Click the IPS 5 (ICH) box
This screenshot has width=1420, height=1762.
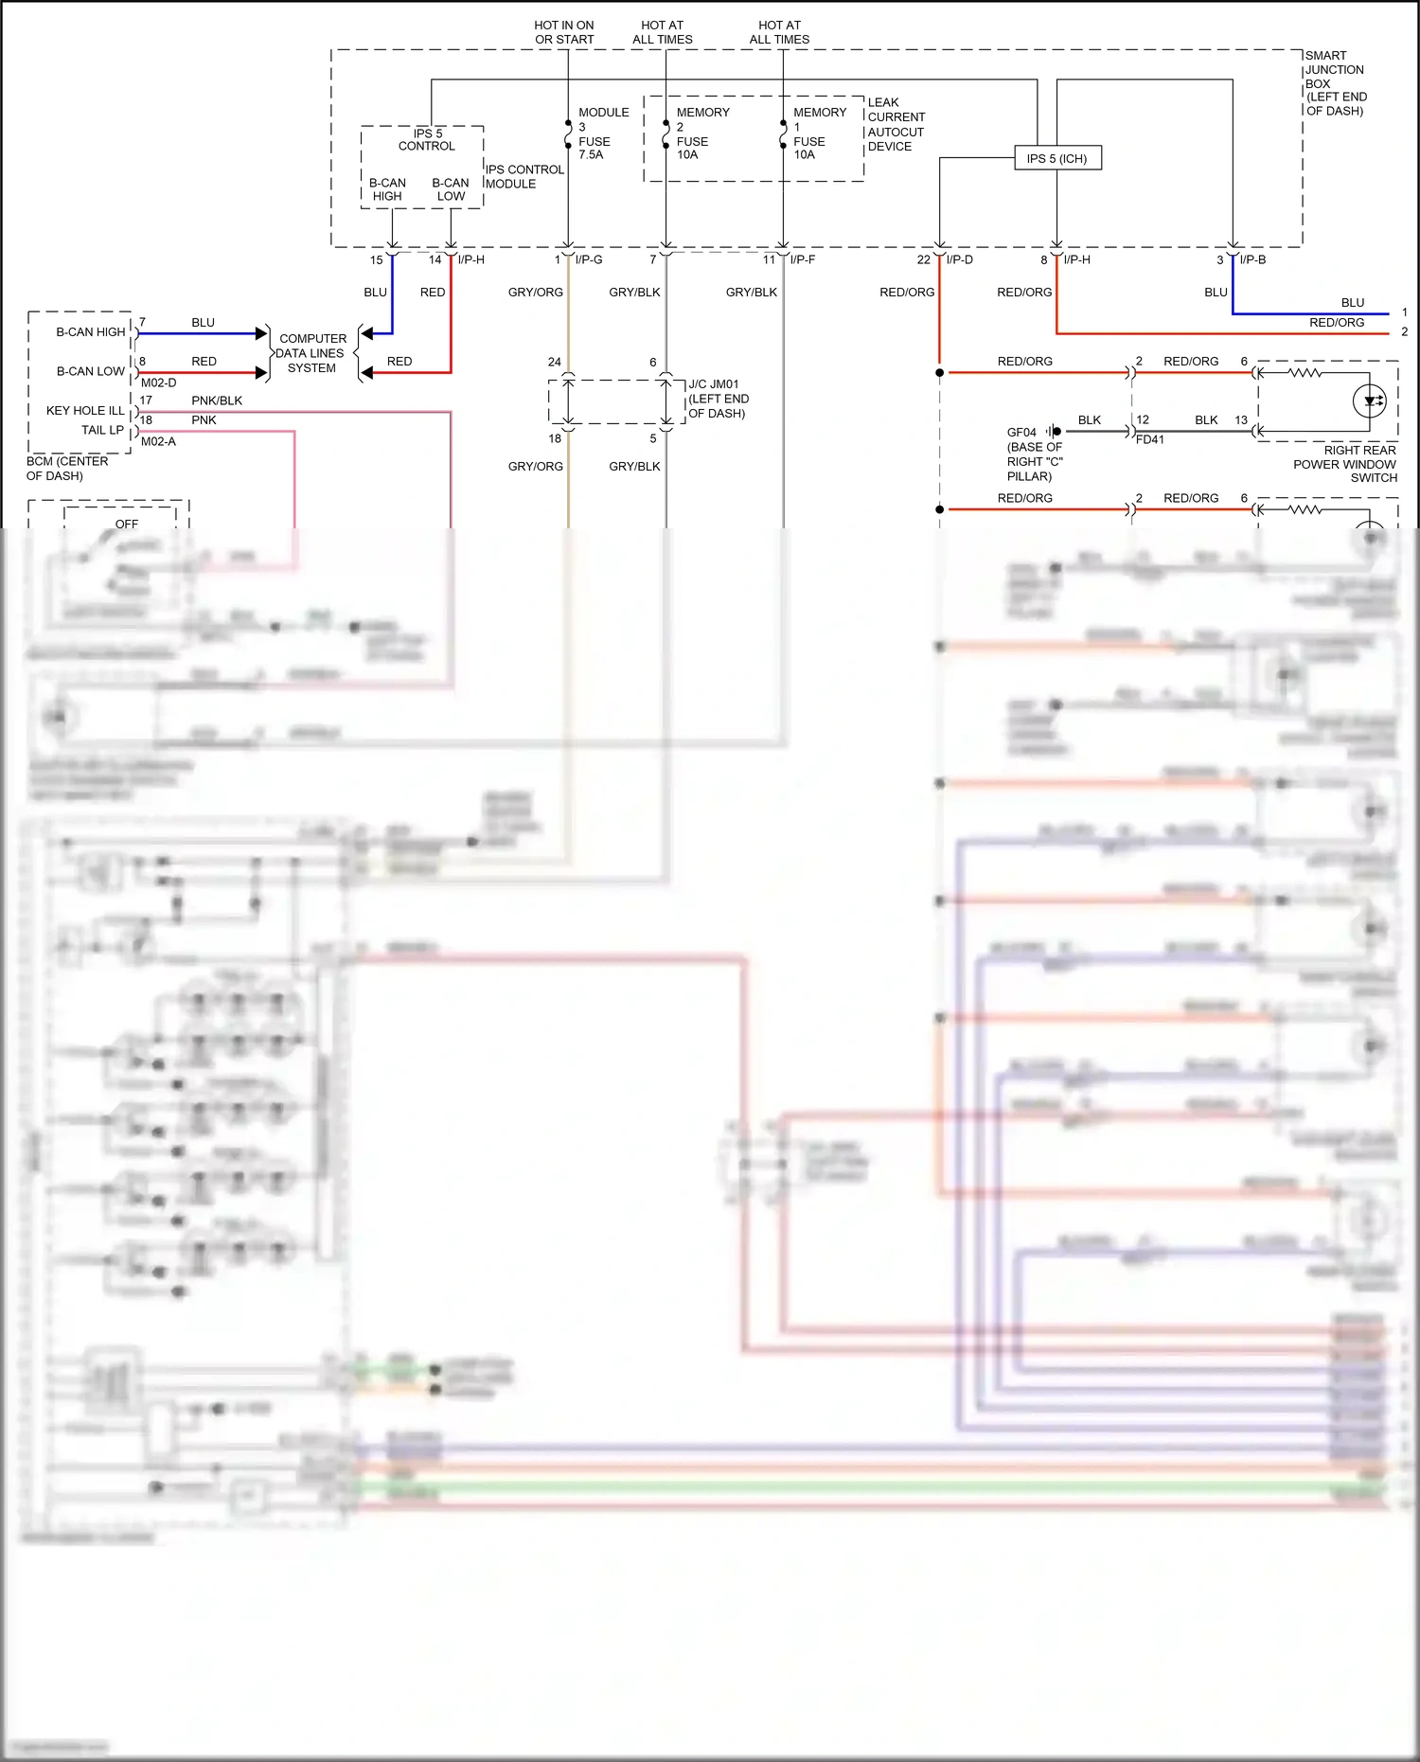pyautogui.click(x=1056, y=158)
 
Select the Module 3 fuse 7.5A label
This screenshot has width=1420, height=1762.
pyautogui.click(x=602, y=133)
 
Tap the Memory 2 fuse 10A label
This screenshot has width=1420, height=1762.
pyautogui.click(x=701, y=133)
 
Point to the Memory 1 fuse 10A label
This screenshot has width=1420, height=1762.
pyautogui.click(x=819, y=133)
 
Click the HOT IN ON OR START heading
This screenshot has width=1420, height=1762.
pyautogui.click(x=564, y=32)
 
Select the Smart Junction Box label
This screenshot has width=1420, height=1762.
pyautogui.click(x=1335, y=83)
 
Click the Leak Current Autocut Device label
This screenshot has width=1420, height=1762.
pyautogui.click(x=895, y=124)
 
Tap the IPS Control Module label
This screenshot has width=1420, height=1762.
pyautogui.click(x=524, y=177)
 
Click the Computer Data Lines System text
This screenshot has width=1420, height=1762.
pyautogui.click(x=312, y=353)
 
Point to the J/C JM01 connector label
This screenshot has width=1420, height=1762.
pyautogui.click(x=718, y=399)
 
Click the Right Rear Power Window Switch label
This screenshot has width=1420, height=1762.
pyautogui.click(x=1345, y=464)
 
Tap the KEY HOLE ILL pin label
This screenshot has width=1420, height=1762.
pyautogui.click(x=85, y=411)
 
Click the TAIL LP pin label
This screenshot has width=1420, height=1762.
pyautogui.click(x=102, y=430)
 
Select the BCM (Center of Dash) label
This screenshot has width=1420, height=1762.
pyautogui.click(x=66, y=469)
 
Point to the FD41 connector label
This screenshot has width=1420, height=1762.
pyautogui.click(x=1149, y=440)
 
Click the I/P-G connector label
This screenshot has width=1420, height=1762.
pyautogui.click(x=589, y=259)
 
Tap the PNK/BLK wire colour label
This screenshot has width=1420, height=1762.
pyautogui.click(x=217, y=400)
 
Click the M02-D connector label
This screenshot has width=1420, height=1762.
pyautogui.click(x=158, y=383)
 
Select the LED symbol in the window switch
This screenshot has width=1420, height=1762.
pyautogui.click(x=1370, y=401)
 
